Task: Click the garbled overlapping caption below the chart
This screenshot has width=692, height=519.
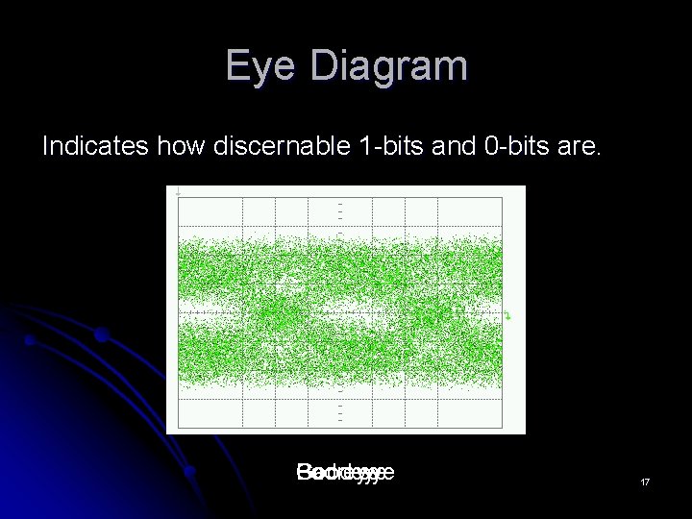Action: (345, 473)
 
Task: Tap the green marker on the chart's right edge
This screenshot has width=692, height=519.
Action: (508, 315)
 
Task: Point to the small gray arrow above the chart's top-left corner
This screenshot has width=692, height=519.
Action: (177, 193)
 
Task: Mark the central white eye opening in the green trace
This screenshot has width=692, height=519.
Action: (341, 311)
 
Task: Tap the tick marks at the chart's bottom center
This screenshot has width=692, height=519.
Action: (340, 410)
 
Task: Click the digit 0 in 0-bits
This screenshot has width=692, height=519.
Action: (472, 146)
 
